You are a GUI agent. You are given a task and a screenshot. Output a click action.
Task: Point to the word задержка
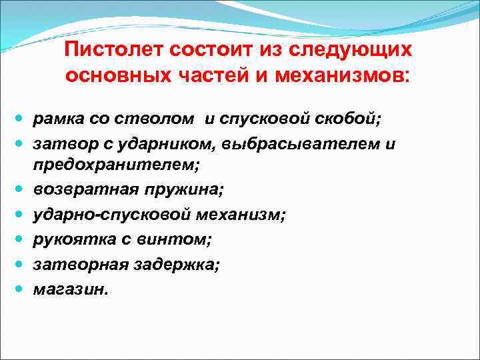pos(181,265)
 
